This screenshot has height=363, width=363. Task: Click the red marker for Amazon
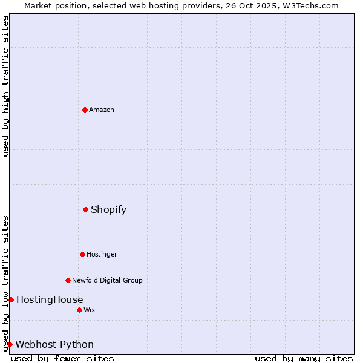[x=85, y=110]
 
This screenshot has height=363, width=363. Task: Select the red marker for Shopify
[x=85, y=209]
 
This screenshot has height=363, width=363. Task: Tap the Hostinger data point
[x=82, y=254]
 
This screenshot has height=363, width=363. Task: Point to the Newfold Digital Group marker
[x=68, y=280]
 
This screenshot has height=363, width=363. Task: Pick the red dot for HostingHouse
[x=11, y=299]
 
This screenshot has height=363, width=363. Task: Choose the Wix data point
[x=79, y=310]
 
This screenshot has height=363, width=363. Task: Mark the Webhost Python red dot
[x=10, y=344]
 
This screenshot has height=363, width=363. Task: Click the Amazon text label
[x=102, y=110]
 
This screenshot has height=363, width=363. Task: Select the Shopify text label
[x=109, y=209]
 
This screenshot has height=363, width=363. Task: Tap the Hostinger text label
[x=102, y=254]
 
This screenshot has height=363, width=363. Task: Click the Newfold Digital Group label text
[x=107, y=280]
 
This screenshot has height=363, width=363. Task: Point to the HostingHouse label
[x=50, y=299]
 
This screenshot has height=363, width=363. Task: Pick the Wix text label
[x=90, y=310]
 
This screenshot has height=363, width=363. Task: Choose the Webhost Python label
[x=54, y=344]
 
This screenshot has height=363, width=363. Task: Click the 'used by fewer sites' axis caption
[x=62, y=358]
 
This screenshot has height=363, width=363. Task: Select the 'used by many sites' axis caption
[x=304, y=358]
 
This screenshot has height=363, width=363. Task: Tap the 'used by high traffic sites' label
[x=5, y=86]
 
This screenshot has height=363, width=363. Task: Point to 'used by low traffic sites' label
[x=5, y=283]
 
